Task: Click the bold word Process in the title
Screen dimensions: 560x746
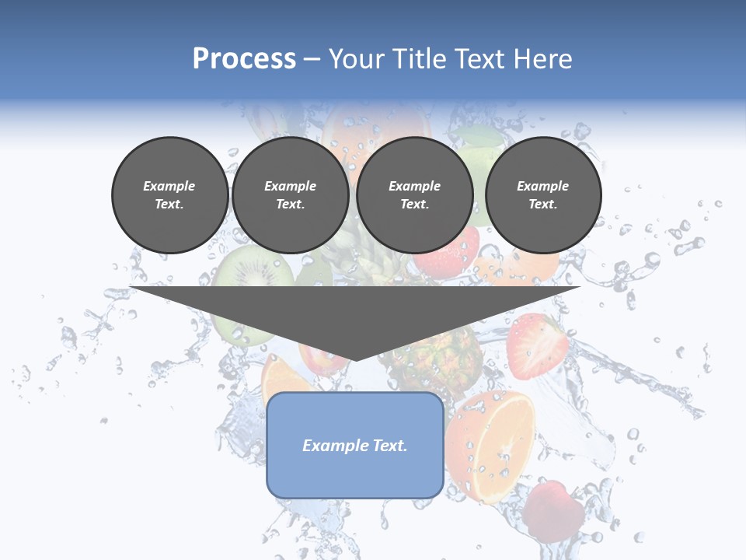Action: click(x=244, y=59)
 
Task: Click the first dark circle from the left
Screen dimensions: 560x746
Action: click(x=170, y=195)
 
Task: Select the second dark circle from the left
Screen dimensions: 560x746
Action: click(x=291, y=195)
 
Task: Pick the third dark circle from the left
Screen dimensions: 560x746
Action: click(x=415, y=195)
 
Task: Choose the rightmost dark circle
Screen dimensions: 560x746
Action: click(x=543, y=195)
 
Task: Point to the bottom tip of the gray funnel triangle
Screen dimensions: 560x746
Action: click(x=355, y=359)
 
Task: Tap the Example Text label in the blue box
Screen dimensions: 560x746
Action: click(x=355, y=446)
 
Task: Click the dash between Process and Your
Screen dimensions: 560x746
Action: click(x=312, y=59)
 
